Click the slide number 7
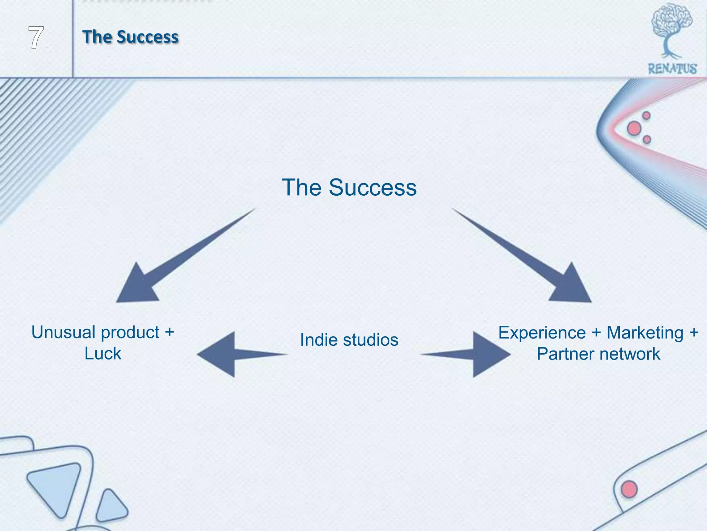click(x=36, y=38)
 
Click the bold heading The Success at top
click(x=130, y=37)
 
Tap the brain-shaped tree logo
click(x=671, y=29)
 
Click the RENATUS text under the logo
click(x=672, y=69)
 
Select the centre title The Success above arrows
click(x=349, y=187)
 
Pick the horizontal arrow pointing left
click(x=231, y=354)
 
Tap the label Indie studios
click(x=349, y=339)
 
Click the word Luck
click(x=103, y=354)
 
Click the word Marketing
click(x=645, y=333)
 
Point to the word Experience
click(x=542, y=333)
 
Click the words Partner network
click(x=598, y=354)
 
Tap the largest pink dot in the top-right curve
click(x=634, y=129)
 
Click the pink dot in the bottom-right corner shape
click(x=629, y=489)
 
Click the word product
click(x=130, y=333)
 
